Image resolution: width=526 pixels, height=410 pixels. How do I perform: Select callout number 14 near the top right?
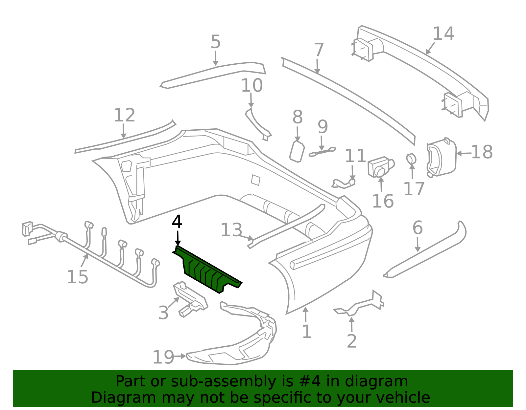coord(443,34)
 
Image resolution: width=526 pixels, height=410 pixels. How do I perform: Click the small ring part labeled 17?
coord(411,159)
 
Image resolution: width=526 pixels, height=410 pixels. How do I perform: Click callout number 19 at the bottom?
coord(163,357)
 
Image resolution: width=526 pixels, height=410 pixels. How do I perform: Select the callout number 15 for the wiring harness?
coord(78,277)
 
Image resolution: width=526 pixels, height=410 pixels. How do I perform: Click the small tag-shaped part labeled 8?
coord(297,151)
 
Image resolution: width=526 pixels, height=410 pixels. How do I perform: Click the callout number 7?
coord(319,50)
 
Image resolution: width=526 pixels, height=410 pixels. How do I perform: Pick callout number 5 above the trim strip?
coord(215,42)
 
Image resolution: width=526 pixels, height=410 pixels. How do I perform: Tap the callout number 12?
coord(124,115)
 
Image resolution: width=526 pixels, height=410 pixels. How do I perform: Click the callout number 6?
coord(418,228)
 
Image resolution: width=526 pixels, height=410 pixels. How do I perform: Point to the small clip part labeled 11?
coord(345,183)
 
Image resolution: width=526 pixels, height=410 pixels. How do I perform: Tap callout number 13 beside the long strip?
coord(231,230)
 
